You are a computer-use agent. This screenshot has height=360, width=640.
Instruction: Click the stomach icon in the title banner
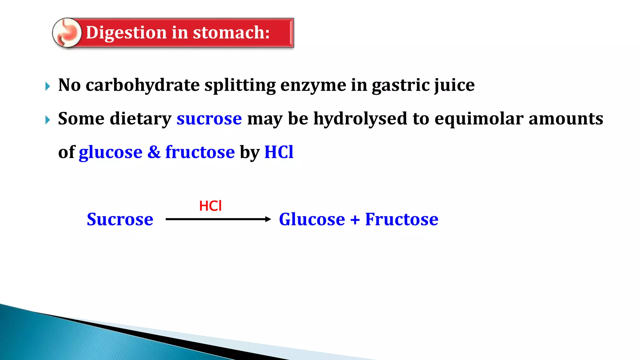67,33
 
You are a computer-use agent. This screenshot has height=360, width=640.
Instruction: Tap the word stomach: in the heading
231,32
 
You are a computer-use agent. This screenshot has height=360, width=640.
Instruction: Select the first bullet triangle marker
47,86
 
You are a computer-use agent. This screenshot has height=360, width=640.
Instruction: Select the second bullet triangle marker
47,120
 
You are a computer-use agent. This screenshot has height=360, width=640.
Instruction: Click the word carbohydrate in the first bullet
142,85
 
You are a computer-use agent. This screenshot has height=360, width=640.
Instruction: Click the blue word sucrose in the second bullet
209,119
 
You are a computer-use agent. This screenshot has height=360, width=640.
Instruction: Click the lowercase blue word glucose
110,153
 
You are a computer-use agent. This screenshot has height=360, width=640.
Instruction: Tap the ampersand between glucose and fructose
154,152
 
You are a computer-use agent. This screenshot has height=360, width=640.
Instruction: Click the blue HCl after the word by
279,152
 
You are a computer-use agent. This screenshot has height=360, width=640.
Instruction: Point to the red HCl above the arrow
210,206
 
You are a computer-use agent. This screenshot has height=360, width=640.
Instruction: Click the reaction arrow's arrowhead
268,219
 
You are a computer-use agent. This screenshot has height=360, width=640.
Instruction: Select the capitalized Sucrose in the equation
120,219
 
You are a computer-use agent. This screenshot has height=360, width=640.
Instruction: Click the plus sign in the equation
355,220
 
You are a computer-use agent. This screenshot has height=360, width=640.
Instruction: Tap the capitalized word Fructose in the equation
402,219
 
